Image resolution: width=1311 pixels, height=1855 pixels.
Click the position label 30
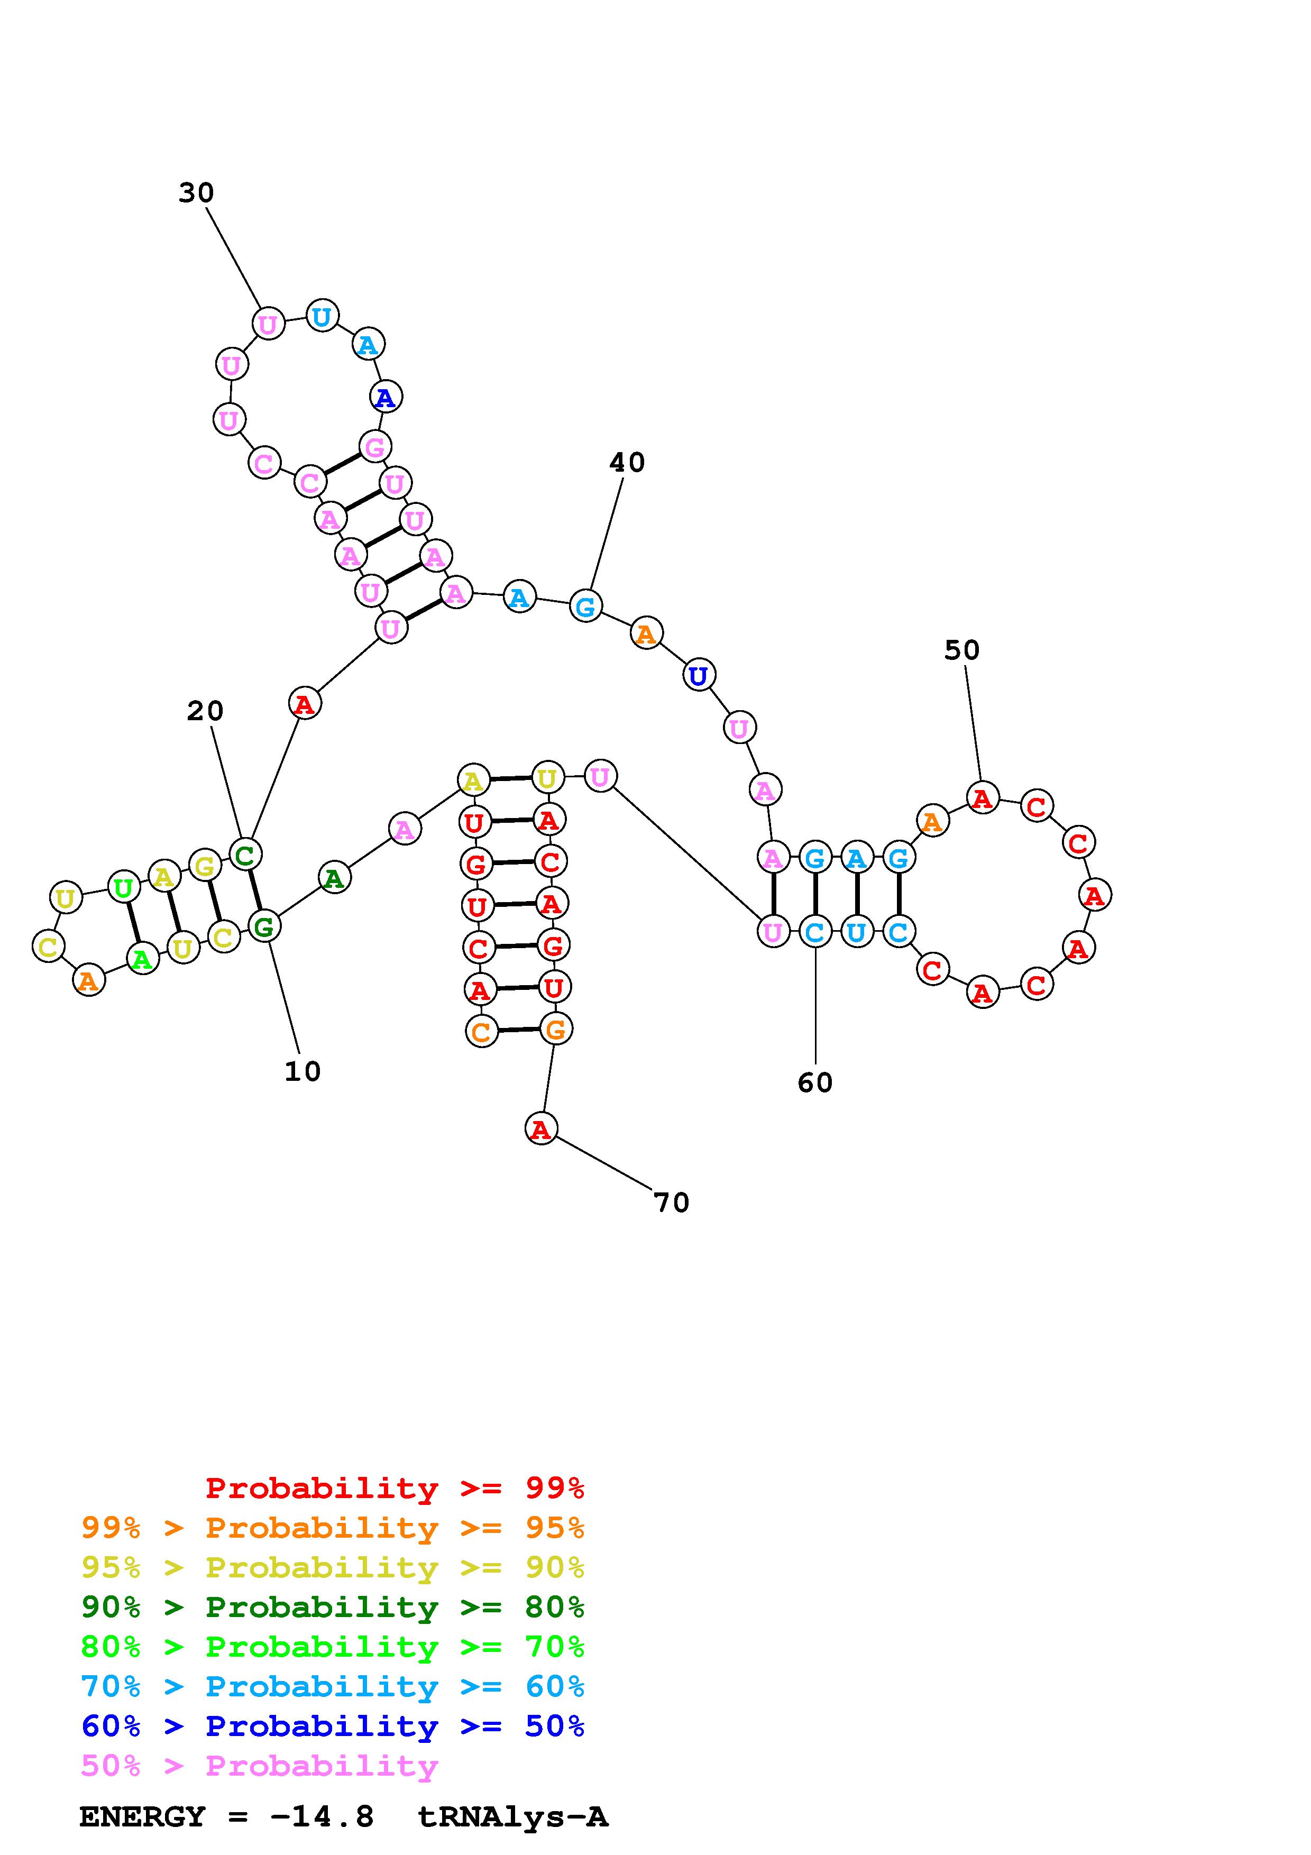[196, 193]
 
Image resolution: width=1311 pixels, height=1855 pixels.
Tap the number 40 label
[627, 463]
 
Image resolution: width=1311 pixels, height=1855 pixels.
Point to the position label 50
[961, 650]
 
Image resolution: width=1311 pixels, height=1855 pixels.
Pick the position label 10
[303, 1071]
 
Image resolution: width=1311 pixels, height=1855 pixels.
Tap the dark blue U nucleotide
[699, 675]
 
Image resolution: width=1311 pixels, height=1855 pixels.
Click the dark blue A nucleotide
[386, 397]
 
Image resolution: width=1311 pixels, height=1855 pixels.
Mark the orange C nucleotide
[481, 1032]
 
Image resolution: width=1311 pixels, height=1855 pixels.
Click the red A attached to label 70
[540, 1128]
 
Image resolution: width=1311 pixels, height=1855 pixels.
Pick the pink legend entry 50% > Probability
[259, 1765]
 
